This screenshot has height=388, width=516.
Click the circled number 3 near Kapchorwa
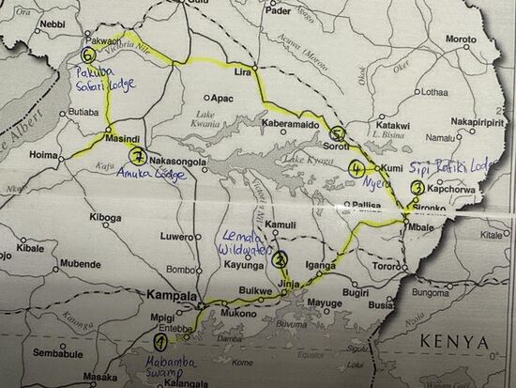pos(417,188)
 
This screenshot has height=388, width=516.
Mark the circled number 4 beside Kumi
pos(357,169)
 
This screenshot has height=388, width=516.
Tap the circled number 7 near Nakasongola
pos(139,156)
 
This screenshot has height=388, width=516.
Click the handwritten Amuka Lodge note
pos(143,175)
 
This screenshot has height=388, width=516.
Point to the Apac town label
pos(222,97)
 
